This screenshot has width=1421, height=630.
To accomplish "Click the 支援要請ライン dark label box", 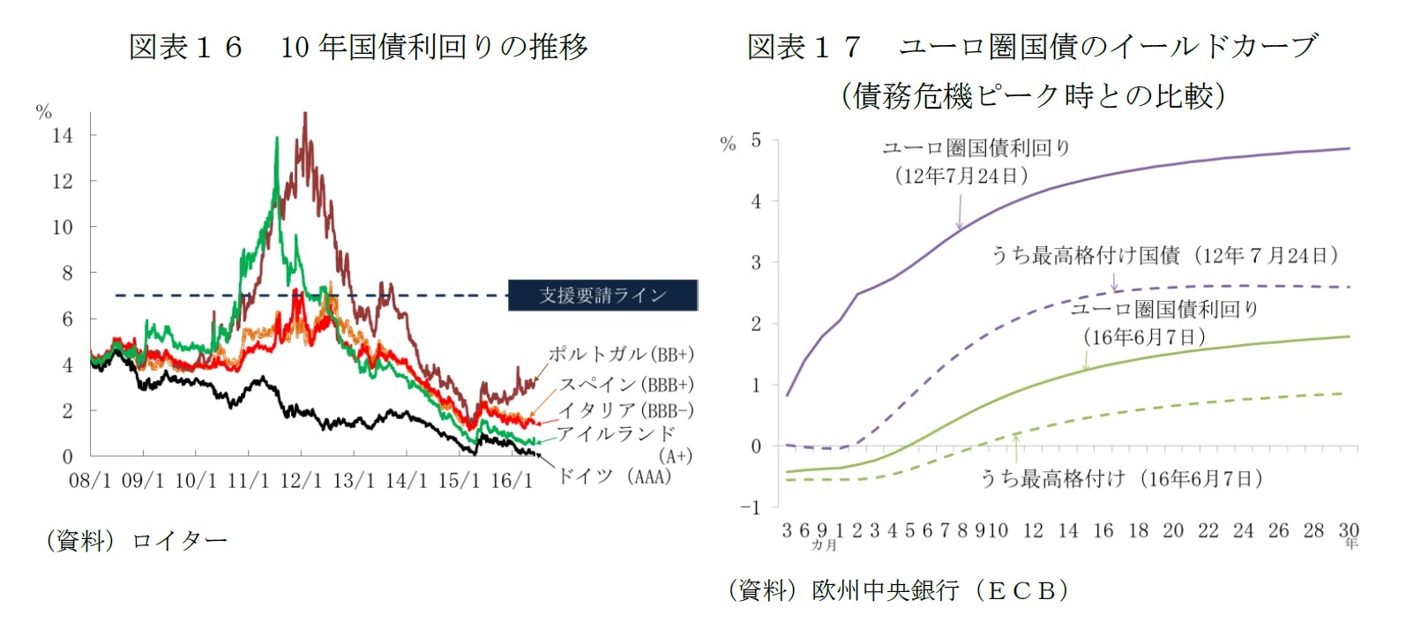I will (602, 295).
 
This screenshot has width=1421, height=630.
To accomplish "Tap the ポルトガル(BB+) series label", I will (621, 355).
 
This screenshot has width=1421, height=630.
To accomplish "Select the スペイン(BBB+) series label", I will (626, 385).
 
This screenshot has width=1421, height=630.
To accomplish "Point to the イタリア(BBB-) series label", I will (625, 410).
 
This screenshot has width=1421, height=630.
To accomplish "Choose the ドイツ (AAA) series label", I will (615, 476).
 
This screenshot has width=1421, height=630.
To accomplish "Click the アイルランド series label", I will (616, 433).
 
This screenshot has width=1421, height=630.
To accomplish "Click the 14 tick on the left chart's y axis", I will (63, 136).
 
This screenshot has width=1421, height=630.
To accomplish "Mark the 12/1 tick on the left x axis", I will (301, 481).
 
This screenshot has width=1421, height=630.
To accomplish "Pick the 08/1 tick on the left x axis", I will (90, 481).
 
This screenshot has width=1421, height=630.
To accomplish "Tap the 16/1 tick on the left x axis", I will (512, 481).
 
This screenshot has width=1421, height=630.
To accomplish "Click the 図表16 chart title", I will (358, 47).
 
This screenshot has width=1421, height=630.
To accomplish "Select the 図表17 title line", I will (1032, 47).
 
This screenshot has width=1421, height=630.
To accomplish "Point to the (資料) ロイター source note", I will (136, 540).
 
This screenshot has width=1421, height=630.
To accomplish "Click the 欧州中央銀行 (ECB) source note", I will (898, 589).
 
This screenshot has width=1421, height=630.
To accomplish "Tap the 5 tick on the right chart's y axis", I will (756, 140).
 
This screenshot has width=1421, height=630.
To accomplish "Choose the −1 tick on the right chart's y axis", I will (750, 507).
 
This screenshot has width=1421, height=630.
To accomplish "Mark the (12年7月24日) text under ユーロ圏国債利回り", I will (961, 176).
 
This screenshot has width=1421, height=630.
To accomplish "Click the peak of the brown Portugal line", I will (304, 115).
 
